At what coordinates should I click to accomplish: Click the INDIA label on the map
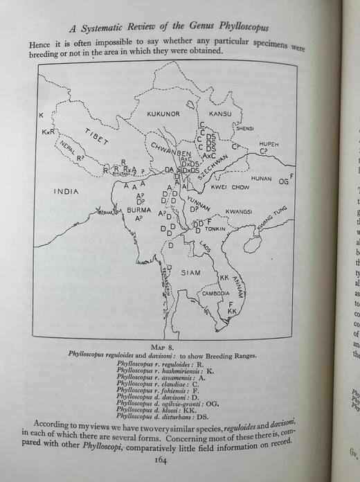point(66,190)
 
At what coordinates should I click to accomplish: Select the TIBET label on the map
point(97,138)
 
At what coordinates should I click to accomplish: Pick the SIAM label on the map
point(190,272)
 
